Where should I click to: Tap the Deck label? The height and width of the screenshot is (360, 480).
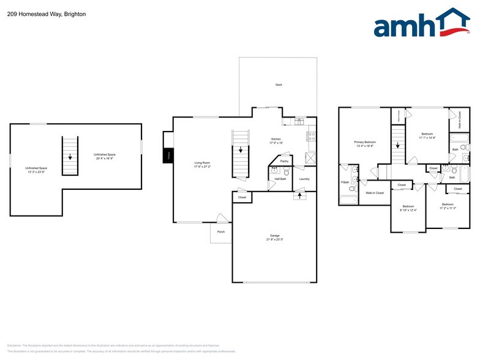tap(279, 84)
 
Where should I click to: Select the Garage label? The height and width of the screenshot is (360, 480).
tap(275, 237)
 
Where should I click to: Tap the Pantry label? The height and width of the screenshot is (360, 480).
tap(284, 161)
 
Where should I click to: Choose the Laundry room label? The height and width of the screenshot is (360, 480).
tap(304, 179)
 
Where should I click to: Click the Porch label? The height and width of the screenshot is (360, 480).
tap(220, 231)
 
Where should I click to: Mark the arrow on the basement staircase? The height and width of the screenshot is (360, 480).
tap(70, 157)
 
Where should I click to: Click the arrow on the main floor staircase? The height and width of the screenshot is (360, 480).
tap(241, 150)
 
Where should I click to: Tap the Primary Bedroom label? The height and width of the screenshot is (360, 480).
tap(365, 144)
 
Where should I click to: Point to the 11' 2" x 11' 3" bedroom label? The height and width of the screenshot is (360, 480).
tap(448, 206)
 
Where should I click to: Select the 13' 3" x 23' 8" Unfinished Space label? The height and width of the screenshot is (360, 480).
tap(36, 170)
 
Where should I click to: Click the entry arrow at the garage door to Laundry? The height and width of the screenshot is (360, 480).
tap(299, 196)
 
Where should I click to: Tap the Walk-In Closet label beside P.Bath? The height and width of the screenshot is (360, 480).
tap(375, 193)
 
